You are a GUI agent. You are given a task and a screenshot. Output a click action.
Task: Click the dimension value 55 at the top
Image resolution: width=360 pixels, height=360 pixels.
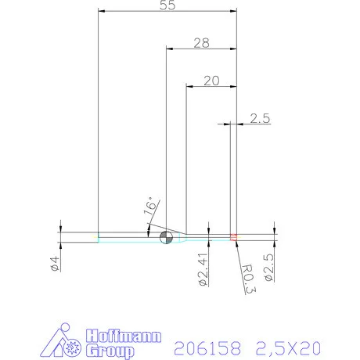[166, 5]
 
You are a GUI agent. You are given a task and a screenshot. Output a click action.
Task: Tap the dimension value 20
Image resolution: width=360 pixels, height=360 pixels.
[211, 81]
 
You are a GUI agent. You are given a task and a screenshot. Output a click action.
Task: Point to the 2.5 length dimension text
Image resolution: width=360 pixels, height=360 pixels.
[260, 118]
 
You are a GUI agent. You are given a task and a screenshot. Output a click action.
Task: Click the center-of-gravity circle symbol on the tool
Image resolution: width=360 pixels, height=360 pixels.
[165, 237]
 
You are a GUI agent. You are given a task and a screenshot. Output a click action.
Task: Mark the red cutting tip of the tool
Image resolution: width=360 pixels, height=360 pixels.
[233, 237]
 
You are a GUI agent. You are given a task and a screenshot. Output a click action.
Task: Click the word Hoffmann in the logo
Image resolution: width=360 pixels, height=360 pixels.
[123, 337]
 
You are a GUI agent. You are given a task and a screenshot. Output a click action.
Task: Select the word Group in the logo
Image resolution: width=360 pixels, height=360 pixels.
[110, 351]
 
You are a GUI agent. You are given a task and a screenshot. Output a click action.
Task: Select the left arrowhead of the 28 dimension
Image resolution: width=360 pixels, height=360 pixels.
[170, 49]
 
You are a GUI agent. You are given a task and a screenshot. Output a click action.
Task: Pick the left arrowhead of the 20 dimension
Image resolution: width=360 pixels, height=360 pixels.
[189, 86]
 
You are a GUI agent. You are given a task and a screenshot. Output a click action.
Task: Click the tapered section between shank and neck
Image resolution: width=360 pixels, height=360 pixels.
[180, 237]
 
